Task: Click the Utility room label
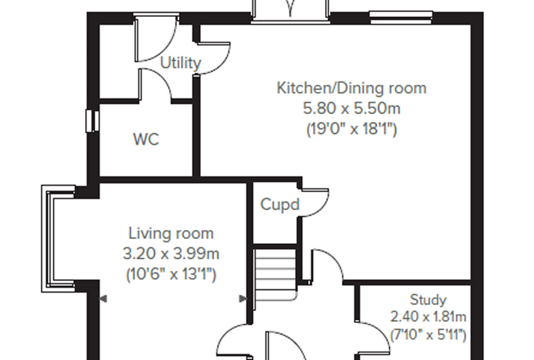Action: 181,63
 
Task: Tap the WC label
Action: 146,139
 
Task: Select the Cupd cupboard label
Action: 280,205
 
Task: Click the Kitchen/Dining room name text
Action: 351,88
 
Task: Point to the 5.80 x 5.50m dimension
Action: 352,109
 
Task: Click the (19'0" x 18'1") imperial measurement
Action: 352,129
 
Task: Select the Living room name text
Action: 171,233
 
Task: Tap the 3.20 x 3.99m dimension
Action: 171,254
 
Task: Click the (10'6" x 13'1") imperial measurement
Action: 171,274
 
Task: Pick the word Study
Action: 428,300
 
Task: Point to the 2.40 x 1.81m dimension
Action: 428,317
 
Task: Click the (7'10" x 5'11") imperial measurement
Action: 428,335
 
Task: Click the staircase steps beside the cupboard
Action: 275,274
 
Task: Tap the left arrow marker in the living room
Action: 103,299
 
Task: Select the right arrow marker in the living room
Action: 243,299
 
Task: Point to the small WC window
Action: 92,121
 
